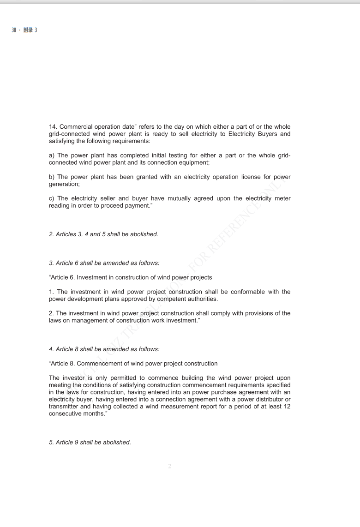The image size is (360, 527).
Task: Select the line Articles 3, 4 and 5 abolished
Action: click(103, 234)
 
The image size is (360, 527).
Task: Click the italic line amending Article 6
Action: click(104, 263)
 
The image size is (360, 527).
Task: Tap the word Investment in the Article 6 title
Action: click(96, 277)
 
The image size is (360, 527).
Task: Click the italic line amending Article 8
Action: click(104, 349)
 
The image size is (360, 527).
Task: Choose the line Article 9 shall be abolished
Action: click(90, 443)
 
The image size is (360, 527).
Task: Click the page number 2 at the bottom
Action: click(170, 467)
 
